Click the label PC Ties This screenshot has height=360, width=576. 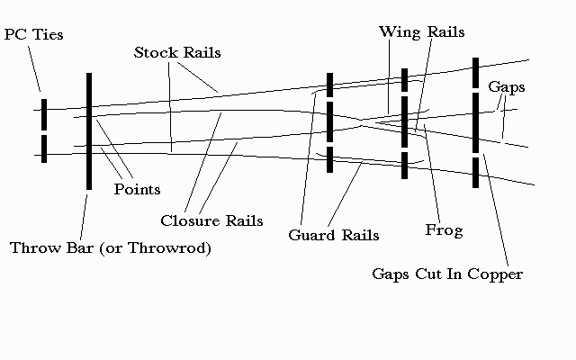coord(33,34)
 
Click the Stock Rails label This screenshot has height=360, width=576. coord(177,52)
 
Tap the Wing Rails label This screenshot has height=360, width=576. coord(421,31)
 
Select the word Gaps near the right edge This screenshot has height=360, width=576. coord(506,87)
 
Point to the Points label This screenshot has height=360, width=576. coord(137,189)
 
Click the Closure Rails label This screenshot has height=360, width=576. coord(211,220)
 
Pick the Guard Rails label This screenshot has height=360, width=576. coord(333,236)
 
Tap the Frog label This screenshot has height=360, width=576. coord(444,230)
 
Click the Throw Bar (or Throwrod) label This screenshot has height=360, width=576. coord(111,247)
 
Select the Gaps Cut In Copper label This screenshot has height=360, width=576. coord(447,274)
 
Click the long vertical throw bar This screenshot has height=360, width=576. coord(88,130)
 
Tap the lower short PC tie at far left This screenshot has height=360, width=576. coord(42,148)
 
